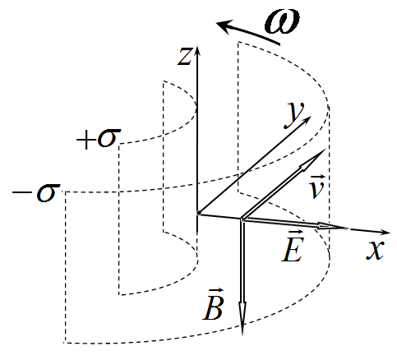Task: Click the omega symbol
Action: point(282,21)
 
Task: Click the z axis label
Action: point(184,56)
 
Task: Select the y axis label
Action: point(294,115)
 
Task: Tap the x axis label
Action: point(375,250)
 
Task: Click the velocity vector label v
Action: point(317,187)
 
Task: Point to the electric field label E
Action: point(293,247)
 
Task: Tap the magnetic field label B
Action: point(214,305)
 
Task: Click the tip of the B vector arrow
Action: point(242,335)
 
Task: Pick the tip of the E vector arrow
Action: point(349,228)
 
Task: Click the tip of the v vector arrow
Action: point(325,150)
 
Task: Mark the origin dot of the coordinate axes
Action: point(199,213)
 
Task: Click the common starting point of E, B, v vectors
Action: point(242,219)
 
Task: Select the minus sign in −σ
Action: point(21,193)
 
